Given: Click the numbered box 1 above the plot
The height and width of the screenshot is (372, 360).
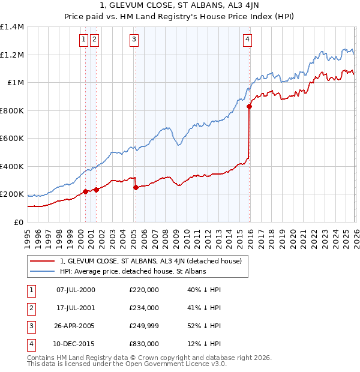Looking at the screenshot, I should point(83,40).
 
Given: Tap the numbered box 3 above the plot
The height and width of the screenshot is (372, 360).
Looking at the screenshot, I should point(133,40).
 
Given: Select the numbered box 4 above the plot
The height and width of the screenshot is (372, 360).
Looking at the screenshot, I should point(247,40).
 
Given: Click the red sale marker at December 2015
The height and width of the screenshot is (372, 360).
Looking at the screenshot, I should point(249,107).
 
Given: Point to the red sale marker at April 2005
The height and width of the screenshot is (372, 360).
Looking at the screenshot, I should point(136,188).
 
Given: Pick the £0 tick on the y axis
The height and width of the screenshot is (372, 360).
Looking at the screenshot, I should point(18,223).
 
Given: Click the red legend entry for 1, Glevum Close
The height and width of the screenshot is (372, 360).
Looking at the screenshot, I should point(151,261).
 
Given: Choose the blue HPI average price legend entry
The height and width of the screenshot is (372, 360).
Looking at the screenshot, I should point(133,271).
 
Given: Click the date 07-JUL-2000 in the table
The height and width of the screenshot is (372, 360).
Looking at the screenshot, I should point(76,290).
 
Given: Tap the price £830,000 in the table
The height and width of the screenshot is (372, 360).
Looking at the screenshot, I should point(144,344).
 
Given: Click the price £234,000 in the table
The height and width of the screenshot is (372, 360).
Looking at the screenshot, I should point(144,308).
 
